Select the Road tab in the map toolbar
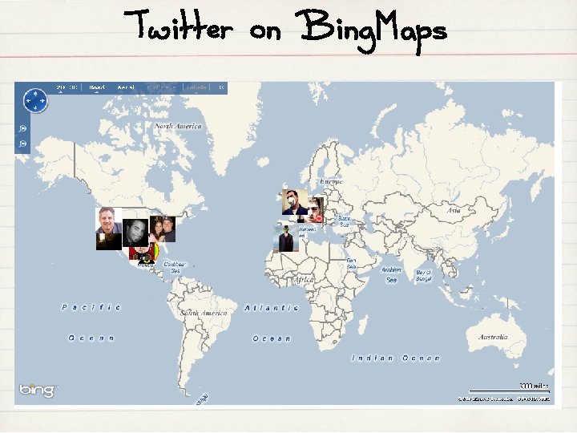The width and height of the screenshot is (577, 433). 97,87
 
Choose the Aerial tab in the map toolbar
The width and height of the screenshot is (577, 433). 126,87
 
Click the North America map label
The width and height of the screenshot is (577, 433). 178,127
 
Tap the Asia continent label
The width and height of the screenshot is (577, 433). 453,210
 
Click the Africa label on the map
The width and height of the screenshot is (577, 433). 304,280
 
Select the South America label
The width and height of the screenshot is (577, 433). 204,313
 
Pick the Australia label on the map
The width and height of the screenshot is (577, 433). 493,337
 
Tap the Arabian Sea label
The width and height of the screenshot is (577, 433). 391,274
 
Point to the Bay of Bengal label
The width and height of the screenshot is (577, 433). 423,275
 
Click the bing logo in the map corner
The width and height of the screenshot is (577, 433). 38,391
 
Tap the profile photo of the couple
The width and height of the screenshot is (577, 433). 162,229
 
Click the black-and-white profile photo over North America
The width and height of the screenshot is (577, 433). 135,233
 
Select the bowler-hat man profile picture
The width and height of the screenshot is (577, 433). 285,239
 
